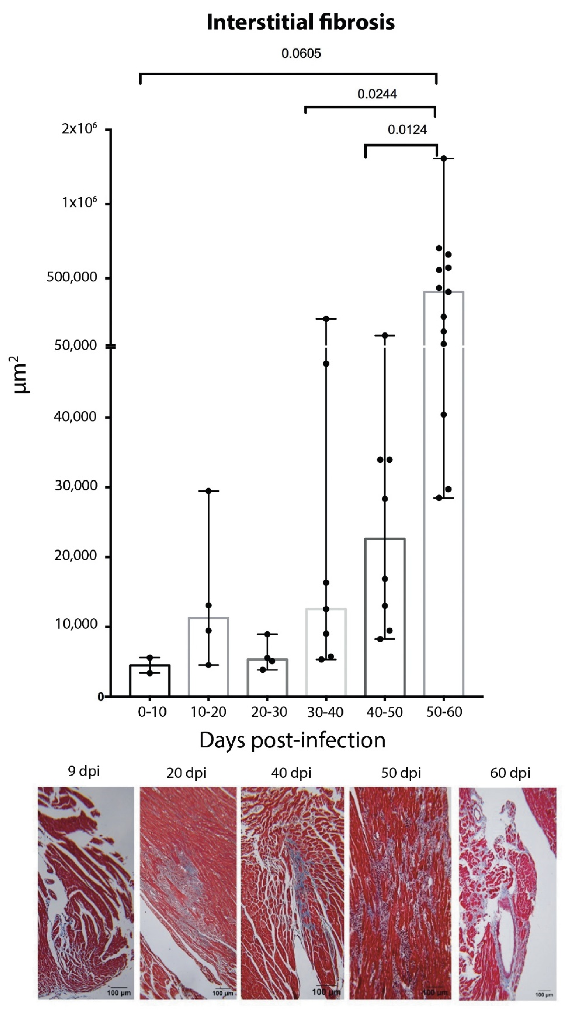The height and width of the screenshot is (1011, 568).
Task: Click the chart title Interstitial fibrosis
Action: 300,22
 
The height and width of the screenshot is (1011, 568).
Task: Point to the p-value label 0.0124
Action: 407,130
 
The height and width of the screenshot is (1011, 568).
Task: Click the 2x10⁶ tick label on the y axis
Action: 79,129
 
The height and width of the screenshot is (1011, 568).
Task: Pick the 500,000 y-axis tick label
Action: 72,277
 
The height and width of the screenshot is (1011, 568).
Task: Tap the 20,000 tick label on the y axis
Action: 76,556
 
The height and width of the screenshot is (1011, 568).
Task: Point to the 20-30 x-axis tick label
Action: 269,712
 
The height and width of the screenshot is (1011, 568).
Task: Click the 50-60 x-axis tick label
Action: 444,712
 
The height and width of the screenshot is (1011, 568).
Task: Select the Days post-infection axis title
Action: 292,741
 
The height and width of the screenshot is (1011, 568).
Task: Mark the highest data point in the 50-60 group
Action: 444,158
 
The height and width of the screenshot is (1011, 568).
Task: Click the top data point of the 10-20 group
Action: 208,491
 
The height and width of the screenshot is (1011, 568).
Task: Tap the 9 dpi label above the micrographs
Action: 84,771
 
